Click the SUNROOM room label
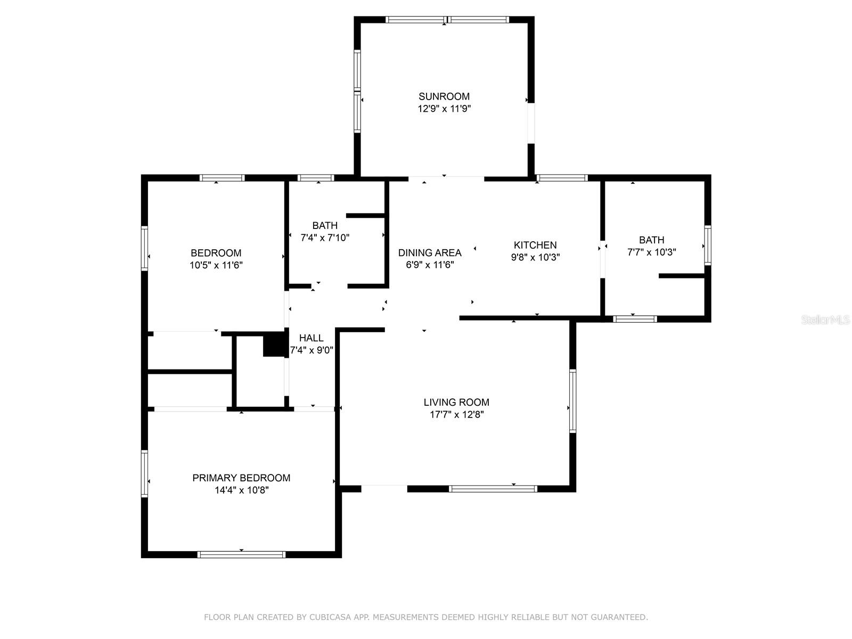444,96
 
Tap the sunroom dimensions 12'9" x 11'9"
444,109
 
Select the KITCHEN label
535,245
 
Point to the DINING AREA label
430,252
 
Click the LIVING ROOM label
456,402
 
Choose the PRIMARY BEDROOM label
241,478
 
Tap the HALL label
312,338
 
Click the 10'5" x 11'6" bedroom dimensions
216,265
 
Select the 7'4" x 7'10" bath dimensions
325,237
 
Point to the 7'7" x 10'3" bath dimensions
652,252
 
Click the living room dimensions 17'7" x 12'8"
456,414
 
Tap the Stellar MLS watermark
825,319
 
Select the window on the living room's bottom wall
493,489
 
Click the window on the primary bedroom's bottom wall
241,554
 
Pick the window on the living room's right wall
572,401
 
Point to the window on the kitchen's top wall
562,178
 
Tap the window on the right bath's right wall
707,245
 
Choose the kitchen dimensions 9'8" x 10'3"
535,257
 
